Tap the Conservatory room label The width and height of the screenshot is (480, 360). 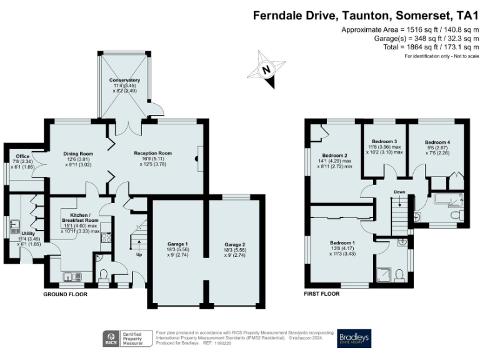(x=124, y=81)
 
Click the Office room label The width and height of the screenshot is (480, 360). (x=24, y=156)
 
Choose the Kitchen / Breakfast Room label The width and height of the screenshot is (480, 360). (x=79, y=217)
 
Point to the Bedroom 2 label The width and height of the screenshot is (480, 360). (x=334, y=155)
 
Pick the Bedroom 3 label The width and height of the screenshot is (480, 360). (x=384, y=142)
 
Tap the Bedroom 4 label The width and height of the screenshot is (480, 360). (x=437, y=142)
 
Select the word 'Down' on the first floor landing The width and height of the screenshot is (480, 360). (x=399, y=192)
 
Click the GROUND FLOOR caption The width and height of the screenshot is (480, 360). (x=65, y=294)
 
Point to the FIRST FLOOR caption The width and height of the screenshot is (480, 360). (x=322, y=294)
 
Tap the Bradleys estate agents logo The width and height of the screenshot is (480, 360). (x=354, y=338)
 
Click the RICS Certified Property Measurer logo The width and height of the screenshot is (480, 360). (x=127, y=338)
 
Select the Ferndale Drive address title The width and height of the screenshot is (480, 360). (x=366, y=15)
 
